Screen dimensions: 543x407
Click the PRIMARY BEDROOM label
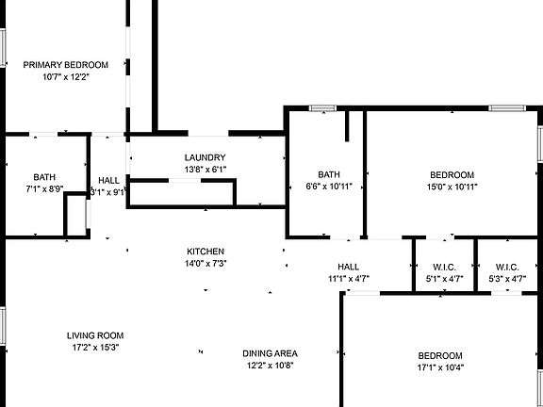(x=65, y=65)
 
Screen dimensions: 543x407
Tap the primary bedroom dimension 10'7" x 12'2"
(x=66, y=77)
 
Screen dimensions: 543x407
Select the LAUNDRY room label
(x=205, y=158)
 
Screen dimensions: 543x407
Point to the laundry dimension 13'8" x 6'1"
(x=206, y=170)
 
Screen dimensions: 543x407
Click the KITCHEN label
(x=206, y=252)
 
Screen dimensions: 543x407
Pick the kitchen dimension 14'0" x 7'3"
(x=206, y=264)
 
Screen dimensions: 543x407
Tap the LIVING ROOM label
(x=95, y=335)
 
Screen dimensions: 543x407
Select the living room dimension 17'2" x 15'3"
(x=95, y=347)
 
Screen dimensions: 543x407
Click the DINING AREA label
(x=270, y=353)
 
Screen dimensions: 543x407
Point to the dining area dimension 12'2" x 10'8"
(x=271, y=366)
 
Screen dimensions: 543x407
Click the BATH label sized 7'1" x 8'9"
(x=44, y=177)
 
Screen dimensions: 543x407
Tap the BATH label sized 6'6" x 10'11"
(x=329, y=174)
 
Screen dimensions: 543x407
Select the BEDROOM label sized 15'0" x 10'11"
(x=452, y=175)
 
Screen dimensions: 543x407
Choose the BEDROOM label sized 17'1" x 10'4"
(x=440, y=356)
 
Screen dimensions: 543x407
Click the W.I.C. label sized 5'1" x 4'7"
(x=444, y=268)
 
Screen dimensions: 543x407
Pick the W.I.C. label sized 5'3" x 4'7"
(x=507, y=268)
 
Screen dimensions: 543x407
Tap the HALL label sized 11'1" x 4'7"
(x=349, y=267)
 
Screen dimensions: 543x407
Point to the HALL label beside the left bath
(x=108, y=180)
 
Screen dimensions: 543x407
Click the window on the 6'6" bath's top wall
(x=322, y=108)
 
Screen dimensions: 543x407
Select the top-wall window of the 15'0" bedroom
(x=507, y=108)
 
